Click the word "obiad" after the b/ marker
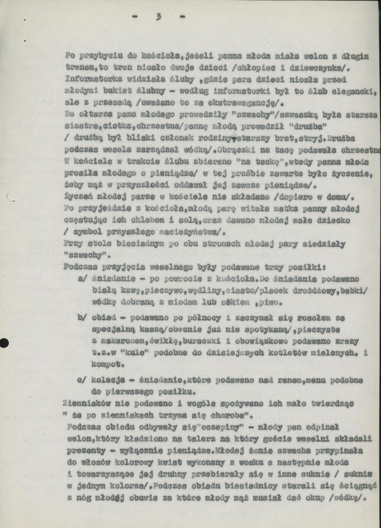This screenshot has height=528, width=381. pos(103,318)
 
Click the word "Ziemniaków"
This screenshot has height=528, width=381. pos(84,404)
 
